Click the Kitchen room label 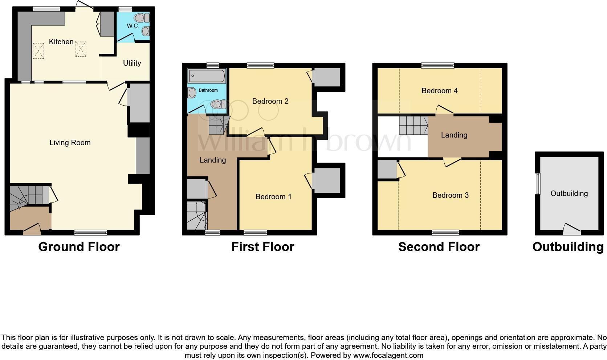(61, 42)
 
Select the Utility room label (132, 63)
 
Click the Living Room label (70, 143)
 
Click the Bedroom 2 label (270, 101)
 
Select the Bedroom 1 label (273, 197)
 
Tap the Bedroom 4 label (439, 91)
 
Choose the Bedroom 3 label (450, 195)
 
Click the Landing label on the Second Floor (454, 135)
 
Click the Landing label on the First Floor (212, 160)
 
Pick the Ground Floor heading (79, 247)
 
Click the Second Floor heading (439, 247)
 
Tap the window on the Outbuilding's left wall (538, 183)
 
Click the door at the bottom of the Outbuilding (571, 229)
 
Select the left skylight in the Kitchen (38, 50)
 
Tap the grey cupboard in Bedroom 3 (387, 169)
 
